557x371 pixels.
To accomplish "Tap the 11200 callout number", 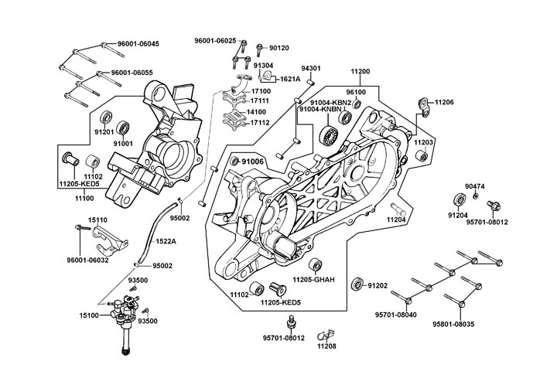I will (x=361, y=71).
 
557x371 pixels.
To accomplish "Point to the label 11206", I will (x=444, y=102).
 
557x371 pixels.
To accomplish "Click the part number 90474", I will (x=475, y=186).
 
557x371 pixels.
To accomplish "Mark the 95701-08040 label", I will (x=396, y=315).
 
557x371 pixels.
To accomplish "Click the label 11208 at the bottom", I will (x=326, y=347).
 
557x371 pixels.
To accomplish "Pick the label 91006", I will (x=253, y=161).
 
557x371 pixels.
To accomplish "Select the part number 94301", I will (x=311, y=69).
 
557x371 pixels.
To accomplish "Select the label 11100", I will (x=84, y=198).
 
